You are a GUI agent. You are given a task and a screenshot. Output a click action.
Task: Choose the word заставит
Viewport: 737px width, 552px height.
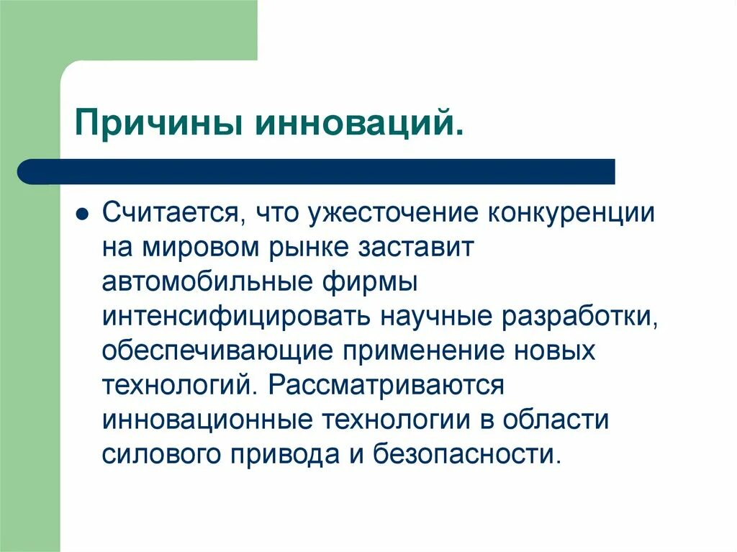pyautogui.click(x=415, y=248)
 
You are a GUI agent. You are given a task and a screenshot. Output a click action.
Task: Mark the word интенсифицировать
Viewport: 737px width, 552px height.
pyautogui.click(x=235, y=317)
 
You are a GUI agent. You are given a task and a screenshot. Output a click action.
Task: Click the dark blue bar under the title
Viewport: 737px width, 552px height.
pyautogui.click(x=317, y=171)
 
